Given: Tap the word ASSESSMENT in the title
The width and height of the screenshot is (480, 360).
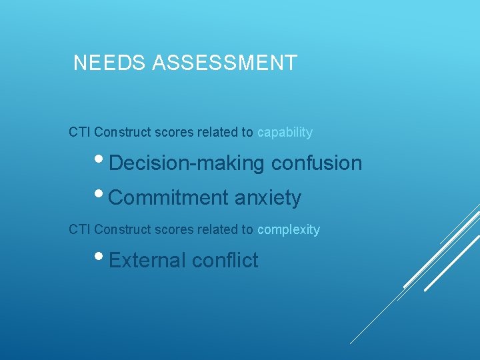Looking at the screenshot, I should click(x=225, y=63).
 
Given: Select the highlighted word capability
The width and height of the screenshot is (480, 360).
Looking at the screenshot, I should click(x=285, y=133).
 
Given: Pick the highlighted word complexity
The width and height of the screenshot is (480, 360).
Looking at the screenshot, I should click(x=289, y=230).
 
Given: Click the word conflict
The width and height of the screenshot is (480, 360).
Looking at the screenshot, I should click(x=225, y=260).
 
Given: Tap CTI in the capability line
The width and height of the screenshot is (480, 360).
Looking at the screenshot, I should click(x=79, y=132).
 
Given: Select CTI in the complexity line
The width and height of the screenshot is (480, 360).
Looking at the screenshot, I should click(x=79, y=230).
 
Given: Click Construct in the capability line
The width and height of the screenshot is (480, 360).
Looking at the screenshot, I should click(x=123, y=132).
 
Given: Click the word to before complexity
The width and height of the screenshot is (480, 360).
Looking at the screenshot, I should click(x=247, y=230).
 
